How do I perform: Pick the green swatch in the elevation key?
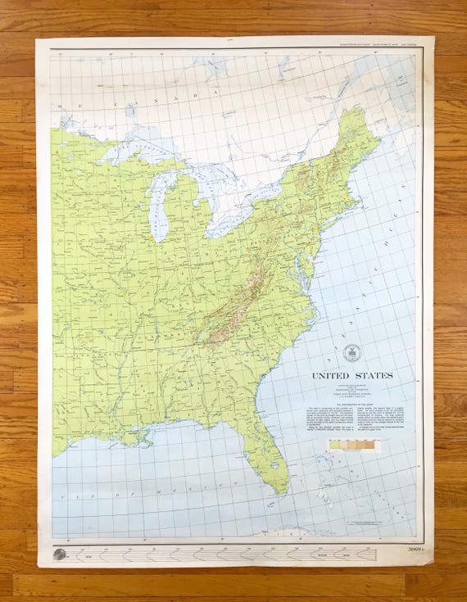[x=333, y=445]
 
